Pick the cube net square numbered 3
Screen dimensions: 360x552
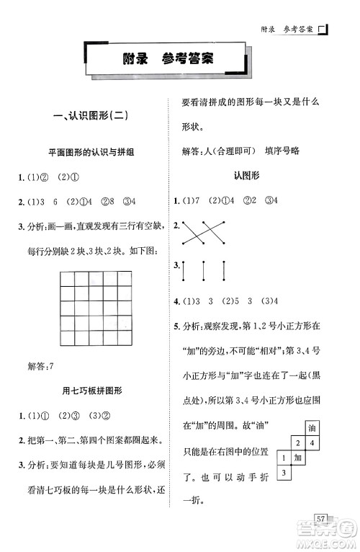click(283, 472)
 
